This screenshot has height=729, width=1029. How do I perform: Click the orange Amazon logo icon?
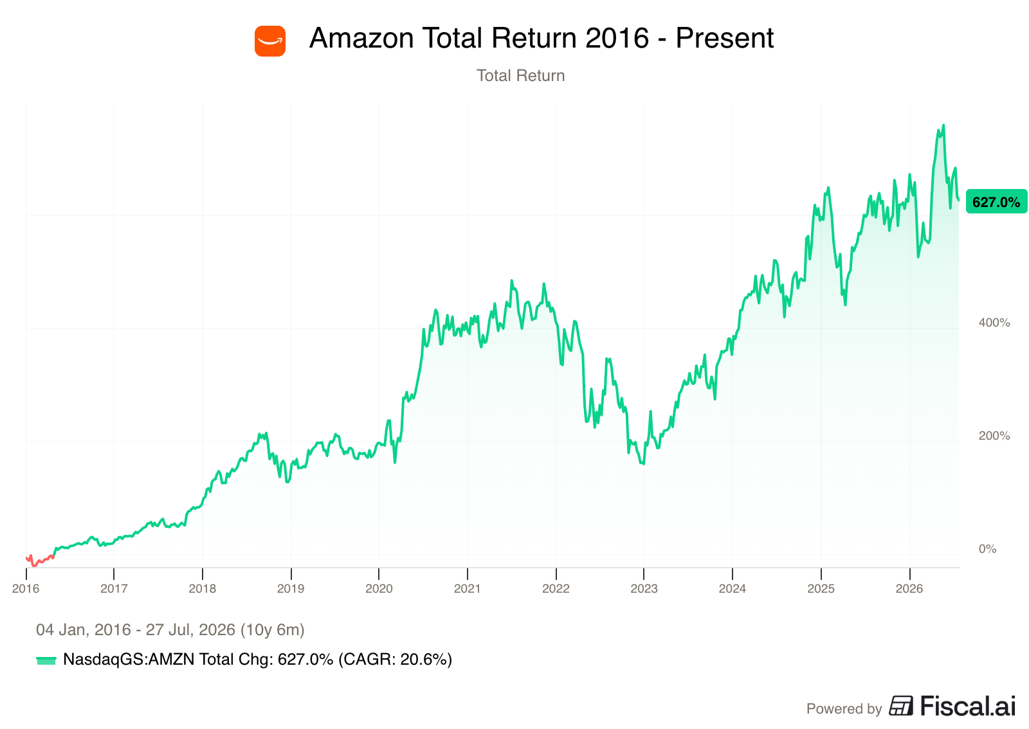point(270,41)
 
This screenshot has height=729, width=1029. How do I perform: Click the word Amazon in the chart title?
point(361,38)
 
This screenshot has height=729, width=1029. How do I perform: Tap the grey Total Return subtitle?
point(520,76)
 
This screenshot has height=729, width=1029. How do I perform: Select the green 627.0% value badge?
point(996,201)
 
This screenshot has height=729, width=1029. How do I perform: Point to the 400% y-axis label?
point(994,323)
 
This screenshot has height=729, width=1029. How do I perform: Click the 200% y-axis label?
point(994,436)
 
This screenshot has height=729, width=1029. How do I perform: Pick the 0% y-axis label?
point(987,548)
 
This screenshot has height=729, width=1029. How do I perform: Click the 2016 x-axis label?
point(26,588)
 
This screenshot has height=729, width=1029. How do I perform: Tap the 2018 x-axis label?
point(202,588)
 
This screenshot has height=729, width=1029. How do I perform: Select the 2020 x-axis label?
point(379,588)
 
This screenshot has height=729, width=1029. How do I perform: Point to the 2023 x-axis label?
point(644,588)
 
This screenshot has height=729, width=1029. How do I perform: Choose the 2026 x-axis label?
point(909,588)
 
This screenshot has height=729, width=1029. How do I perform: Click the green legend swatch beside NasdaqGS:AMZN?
point(46,661)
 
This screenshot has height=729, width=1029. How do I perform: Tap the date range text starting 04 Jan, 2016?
point(170,630)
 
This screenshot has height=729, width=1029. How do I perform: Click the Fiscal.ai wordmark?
point(968,706)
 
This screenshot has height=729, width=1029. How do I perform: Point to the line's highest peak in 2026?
point(943,125)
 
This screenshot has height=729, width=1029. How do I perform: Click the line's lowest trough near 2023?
point(643,464)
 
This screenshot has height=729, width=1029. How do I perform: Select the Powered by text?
point(844,709)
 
